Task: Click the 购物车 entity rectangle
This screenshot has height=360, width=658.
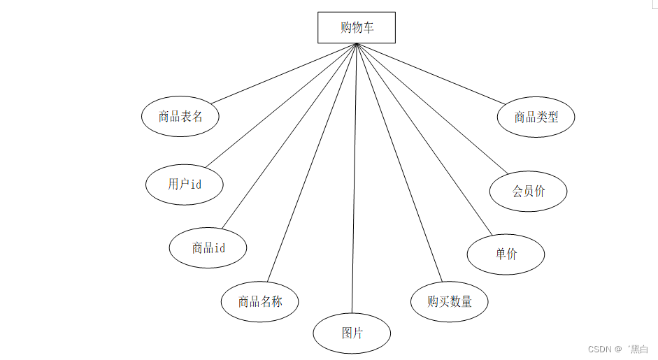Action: [x=357, y=27]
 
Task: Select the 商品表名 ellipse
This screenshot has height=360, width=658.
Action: [x=180, y=117]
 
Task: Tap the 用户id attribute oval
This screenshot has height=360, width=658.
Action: [x=185, y=185]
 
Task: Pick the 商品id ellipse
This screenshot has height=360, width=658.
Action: [x=208, y=247]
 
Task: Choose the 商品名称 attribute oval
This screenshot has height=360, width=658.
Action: [x=260, y=302]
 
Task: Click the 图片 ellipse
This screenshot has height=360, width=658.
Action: [x=352, y=333]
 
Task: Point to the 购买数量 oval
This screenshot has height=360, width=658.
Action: [x=450, y=302]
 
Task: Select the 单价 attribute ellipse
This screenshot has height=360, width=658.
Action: [x=506, y=254]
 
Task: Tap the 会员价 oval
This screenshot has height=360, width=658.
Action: [x=528, y=191]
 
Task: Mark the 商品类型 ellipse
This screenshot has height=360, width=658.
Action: [x=536, y=117]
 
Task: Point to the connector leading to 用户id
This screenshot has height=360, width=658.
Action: [x=280, y=106]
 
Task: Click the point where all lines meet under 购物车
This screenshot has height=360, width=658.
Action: [x=357, y=44]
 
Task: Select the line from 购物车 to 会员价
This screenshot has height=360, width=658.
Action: [x=430, y=108]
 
